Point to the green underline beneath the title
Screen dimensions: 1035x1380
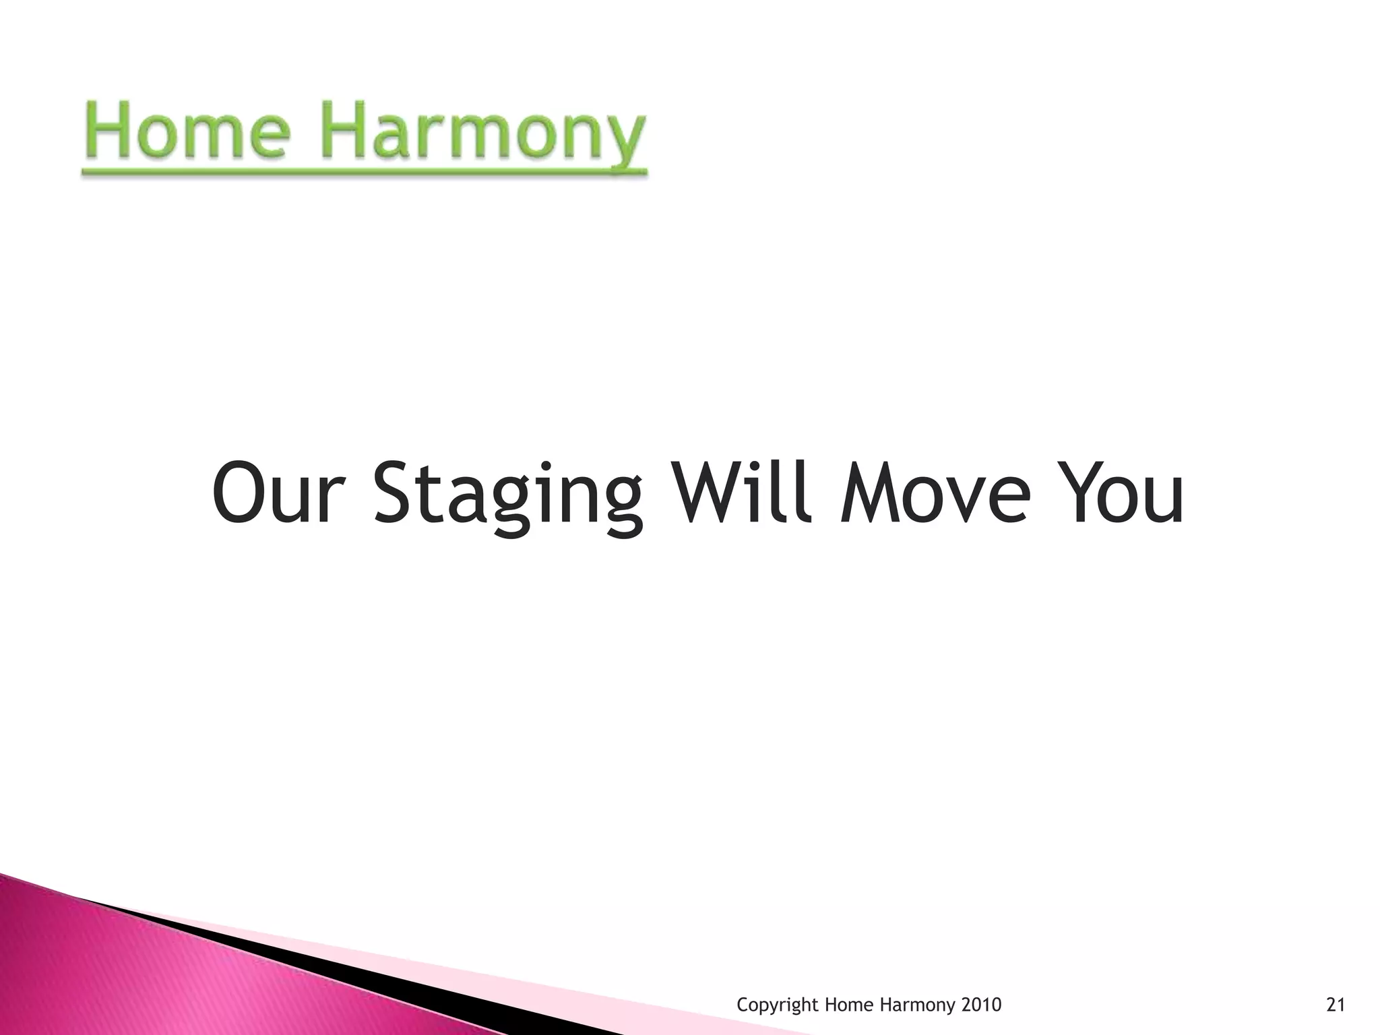[x=364, y=172]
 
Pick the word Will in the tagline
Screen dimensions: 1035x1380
[x=739, y=492]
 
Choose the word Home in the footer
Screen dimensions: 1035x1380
[x=846, y=1005]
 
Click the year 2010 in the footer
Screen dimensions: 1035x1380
[x=981, y=1005]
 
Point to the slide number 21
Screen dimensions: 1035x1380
[x=1335, y=1005]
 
